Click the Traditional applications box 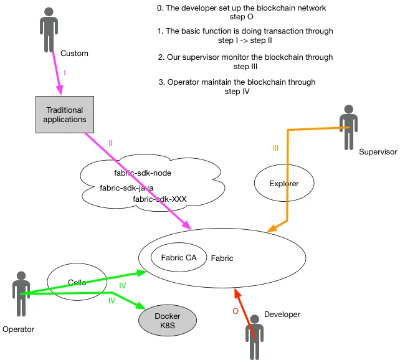tap(65, 115)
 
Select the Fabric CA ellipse tap(178, 258)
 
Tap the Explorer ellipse tap(283, 183)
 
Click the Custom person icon tap(49, 25)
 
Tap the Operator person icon tap(22, 293)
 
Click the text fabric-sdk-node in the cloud tap(143, 173)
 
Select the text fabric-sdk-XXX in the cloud tap(160, 199)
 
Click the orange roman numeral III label tap(276, 148)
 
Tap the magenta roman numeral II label tap(111, 143)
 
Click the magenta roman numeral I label tap(65, 73)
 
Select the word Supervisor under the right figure tap(378, 152)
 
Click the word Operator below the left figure tap(18, 329)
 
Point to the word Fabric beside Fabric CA tap(222, 258)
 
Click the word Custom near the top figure tap(74, 54)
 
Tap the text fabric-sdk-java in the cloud tap(126, 187)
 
